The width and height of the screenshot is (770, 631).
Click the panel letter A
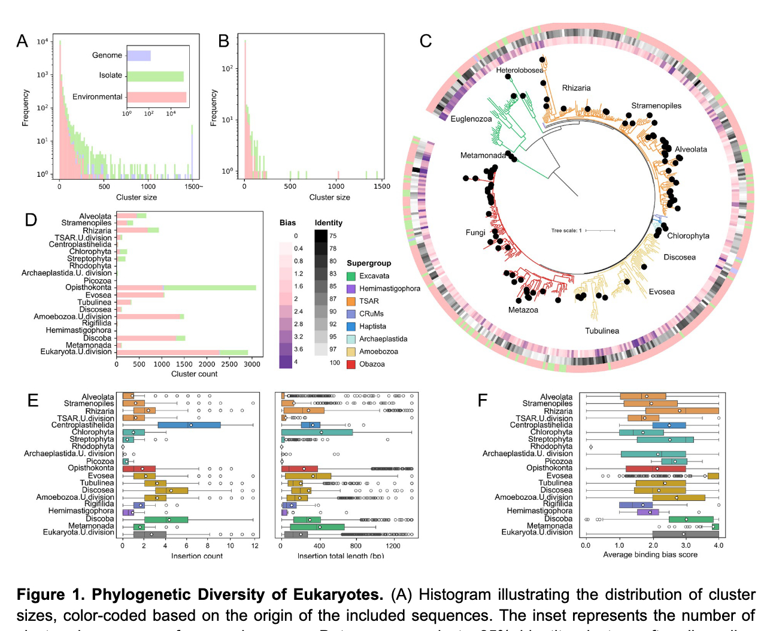pos(22,41)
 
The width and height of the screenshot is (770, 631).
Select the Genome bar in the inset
pos(139,55)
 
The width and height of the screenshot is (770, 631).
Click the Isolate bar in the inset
pos(156,76)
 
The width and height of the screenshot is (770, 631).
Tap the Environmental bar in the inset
pos(157,97)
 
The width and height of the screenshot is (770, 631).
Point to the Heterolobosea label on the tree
pos(520,70)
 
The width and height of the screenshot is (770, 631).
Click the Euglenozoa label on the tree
pos(471,119)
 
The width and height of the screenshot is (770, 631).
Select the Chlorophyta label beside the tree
pos(688,236)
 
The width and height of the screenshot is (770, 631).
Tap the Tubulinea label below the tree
pos(602,331)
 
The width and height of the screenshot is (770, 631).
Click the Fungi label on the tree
pos(475,233)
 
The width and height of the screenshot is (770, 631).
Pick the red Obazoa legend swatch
pos(351,364)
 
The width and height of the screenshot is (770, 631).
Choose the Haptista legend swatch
pos(351,327)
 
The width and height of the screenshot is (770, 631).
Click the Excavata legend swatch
pos(351,276)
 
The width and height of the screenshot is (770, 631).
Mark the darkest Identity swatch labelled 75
pos(321,236)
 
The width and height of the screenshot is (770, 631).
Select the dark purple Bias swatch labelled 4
pos(286,362)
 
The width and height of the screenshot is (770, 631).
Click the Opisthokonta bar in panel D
pos(186,288)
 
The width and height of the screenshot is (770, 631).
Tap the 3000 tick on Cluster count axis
pos(253,364)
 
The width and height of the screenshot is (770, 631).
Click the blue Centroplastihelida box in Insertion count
pos(189,425)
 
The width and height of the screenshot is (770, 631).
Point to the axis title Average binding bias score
pos(650,555)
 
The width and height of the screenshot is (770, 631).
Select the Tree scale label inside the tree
pos(566,231)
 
